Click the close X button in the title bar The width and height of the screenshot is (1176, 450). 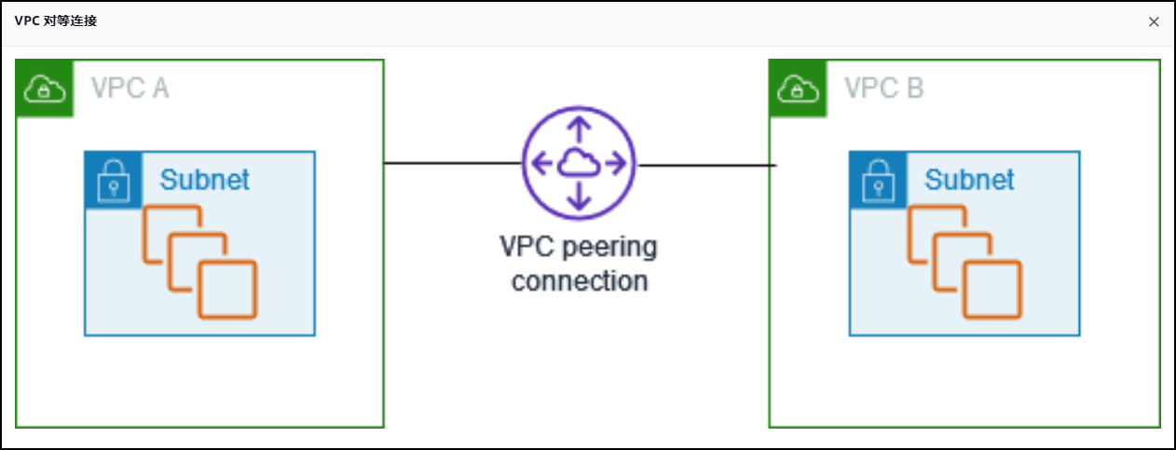[1154, 22]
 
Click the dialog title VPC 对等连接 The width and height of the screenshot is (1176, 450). [56, 21]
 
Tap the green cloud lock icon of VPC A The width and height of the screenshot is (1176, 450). [45, 89]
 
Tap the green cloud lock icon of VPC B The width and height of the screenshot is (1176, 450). [798, 89]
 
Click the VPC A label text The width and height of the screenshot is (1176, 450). [130, 89]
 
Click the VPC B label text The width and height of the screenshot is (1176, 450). [883, 89]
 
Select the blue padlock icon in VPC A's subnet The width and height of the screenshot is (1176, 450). [114, 180]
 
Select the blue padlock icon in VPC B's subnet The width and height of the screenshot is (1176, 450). [878, 180]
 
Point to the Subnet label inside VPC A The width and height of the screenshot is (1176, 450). [205, 180]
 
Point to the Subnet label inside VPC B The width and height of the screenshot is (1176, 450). [969, 180]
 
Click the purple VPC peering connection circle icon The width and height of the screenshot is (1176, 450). [579, 164]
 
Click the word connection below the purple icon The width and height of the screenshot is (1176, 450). [580, 280]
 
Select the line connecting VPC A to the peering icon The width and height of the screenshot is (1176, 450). [453, 163]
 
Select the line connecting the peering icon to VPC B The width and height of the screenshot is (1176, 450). [705, 166]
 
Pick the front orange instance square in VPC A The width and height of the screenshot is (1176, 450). [227, 290]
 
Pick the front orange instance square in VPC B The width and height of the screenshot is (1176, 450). [991, 290]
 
